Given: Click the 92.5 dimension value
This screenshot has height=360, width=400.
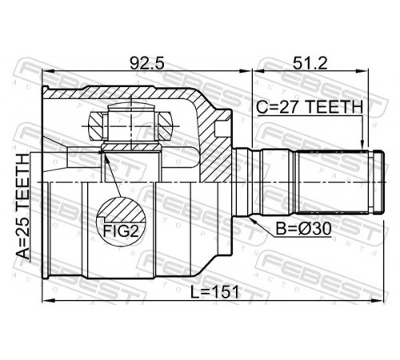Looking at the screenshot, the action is click(146, 63).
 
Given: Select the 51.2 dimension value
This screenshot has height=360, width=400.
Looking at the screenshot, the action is click(310, 63).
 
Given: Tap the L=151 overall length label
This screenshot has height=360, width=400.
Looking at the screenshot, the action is click(214, 292).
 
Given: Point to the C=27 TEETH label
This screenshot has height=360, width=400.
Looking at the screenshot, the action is click(310, 107).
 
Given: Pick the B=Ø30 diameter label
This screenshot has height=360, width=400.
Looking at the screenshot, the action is click(303, 229).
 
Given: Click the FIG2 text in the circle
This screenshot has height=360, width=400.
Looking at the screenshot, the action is click(121, 231).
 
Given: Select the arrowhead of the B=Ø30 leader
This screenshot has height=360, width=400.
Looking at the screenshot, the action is click(253, 220).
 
